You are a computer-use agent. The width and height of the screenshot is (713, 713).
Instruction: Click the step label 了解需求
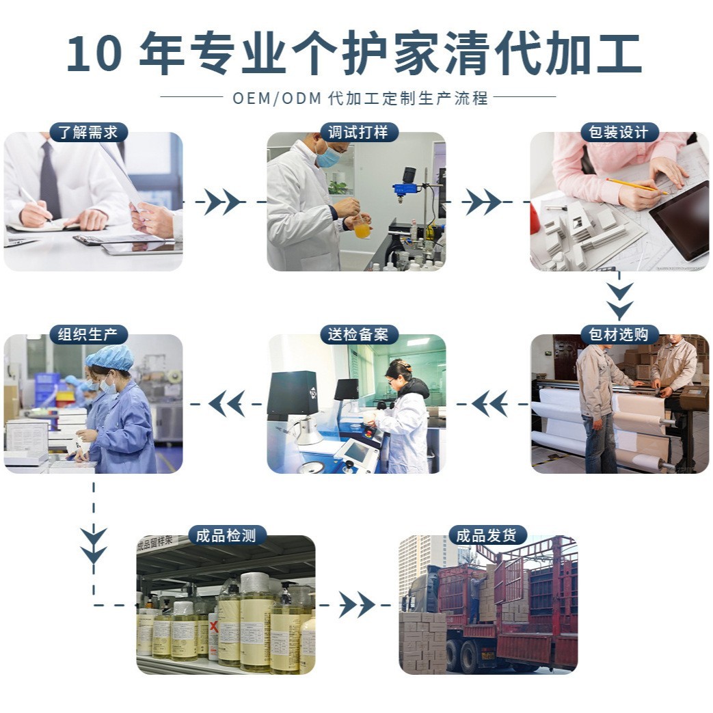[x=88, y=133]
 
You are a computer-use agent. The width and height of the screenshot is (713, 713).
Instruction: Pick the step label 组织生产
[x=88, y=335]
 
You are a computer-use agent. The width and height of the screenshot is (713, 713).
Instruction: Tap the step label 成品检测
[x=226, y=535]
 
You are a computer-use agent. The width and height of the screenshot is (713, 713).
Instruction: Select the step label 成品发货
[x=487, y=535]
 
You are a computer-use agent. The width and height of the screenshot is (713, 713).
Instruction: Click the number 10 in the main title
[x=95, y=55]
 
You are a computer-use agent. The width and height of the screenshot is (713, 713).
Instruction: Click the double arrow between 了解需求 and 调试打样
[x=224, y=202]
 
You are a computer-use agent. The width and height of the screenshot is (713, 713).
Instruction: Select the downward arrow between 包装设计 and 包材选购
[x=619, y=301]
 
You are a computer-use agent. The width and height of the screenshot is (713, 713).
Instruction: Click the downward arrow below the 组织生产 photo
[x=94, y=544]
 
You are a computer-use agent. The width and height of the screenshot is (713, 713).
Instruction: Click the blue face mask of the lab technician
[x=328, y=157]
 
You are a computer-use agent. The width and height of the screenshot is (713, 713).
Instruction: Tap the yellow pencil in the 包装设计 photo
[x=636, y=186]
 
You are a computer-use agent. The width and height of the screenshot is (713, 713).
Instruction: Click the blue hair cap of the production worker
[x=110, y=358]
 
